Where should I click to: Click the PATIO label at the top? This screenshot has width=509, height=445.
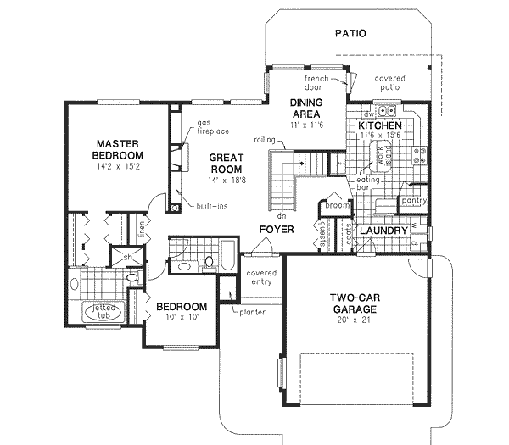click(x=350, y=35)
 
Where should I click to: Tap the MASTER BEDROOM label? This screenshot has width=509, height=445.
click(x=118, y=149)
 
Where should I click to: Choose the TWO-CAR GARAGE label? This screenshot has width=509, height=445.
click(x=354, y=303)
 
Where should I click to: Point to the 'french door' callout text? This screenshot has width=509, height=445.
click(x=316, y=82)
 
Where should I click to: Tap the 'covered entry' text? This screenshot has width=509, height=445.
click(x=261, y=277)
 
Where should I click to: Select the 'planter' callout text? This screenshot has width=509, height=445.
click(x=252, y=312)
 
